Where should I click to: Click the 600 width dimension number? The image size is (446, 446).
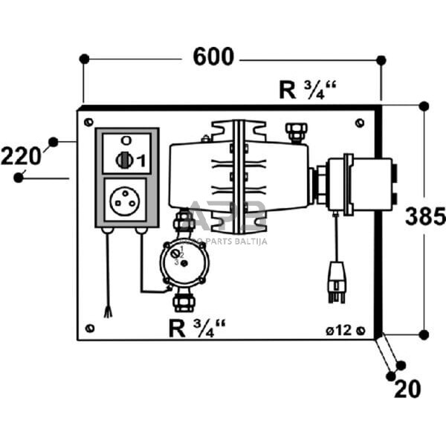(213, 56)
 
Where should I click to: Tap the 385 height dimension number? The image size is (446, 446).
(424, 216)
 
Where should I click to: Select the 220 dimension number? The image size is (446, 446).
(21, 156)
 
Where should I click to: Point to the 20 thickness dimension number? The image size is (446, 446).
(407, 388)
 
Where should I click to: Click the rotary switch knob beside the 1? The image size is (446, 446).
(124, 159)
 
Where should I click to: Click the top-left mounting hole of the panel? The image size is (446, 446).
(88, 121)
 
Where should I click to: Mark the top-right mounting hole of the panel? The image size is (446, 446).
(361, 121)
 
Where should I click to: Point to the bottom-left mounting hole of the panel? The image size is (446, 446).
(89, 328)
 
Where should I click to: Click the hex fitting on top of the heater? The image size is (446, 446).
(296, 132)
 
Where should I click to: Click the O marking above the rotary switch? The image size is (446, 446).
(125, 140)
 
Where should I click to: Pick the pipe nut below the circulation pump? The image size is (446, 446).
(182, 301)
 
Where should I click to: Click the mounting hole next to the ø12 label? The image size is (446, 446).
(361, 329)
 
